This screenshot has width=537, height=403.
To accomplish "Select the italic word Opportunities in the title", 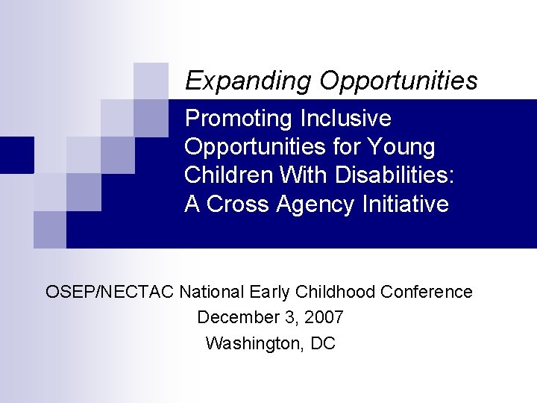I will click(x=398, y=81).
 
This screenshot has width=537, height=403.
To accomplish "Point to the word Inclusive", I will click(x=345, y=119).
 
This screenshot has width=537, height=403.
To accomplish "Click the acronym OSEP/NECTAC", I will click(x=110, y=292).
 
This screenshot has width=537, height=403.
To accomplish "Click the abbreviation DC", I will click(x=323, y=343).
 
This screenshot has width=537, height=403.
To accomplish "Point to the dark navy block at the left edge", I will click(x=16, y=154).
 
